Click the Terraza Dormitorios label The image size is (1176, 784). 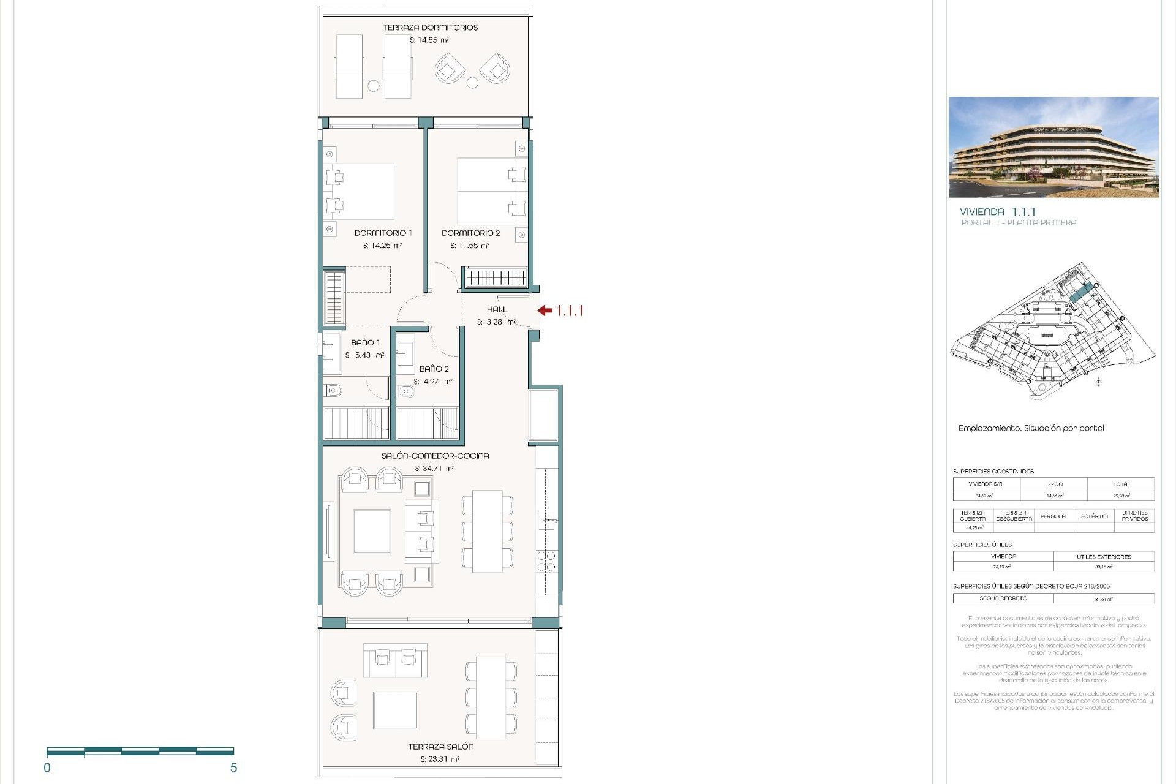pos(430,28)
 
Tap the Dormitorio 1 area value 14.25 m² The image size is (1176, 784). pos(382,246)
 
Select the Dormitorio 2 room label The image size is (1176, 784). pos(470,233)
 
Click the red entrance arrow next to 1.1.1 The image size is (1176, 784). pos(545,311)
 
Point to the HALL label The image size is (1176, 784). pos(497,309)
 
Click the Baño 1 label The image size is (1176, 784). pos(365,342)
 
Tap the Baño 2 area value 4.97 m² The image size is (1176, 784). pos(432,382)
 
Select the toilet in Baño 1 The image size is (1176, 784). pos(334,390)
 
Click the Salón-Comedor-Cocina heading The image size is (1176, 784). pos(435,456)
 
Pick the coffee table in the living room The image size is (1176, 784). pos(372,531)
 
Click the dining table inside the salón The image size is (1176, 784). pos(487,530)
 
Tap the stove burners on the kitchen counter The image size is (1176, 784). pos(546,562)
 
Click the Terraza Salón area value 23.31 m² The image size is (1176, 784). pos(440,759)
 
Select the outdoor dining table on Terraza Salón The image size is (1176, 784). pos(491,697)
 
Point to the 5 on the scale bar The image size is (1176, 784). pos(233,768)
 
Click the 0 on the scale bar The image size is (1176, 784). pos(47,768)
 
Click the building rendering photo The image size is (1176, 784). pos(1053,147)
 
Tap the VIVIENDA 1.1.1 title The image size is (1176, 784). pos(998,211)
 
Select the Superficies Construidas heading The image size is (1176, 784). pos(993,471)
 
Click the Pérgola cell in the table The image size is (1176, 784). pos(1053,516)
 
